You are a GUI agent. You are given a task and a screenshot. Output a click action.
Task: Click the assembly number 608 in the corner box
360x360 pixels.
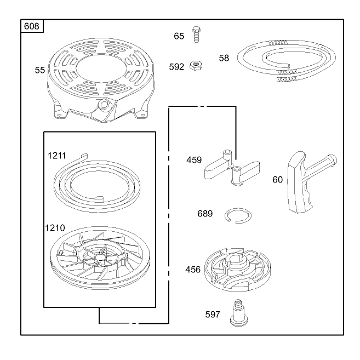pos(31,26)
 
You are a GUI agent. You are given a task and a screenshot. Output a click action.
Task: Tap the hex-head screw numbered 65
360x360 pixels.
pos(196,35)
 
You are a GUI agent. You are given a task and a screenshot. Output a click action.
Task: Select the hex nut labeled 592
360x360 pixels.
pos(196,65)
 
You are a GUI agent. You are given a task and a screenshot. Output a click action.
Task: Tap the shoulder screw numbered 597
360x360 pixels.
pos(239,313)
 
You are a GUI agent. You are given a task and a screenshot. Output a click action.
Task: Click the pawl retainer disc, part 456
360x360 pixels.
pos(237,269)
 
